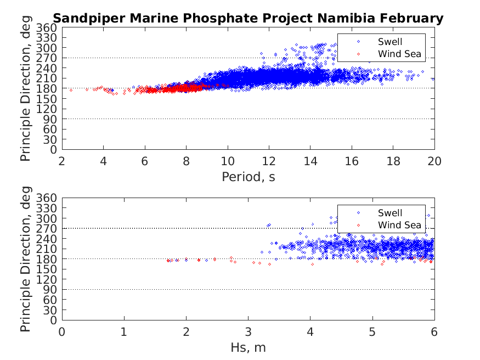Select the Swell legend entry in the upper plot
pos(390,42)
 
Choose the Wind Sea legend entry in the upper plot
pos(399,53)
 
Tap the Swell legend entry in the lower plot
pos(390,213)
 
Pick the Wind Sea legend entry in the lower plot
pos(399,224)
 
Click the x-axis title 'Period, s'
pos(248,177)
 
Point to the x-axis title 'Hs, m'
pos(248,347)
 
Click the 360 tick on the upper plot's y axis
pos(47,28)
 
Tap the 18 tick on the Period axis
pos(393,161)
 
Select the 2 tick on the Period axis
pos(62,161)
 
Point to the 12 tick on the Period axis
pos(269,161)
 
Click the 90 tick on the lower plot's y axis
pos(50,289)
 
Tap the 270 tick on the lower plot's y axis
pos(47,228)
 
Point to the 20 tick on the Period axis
pos(434,161)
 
